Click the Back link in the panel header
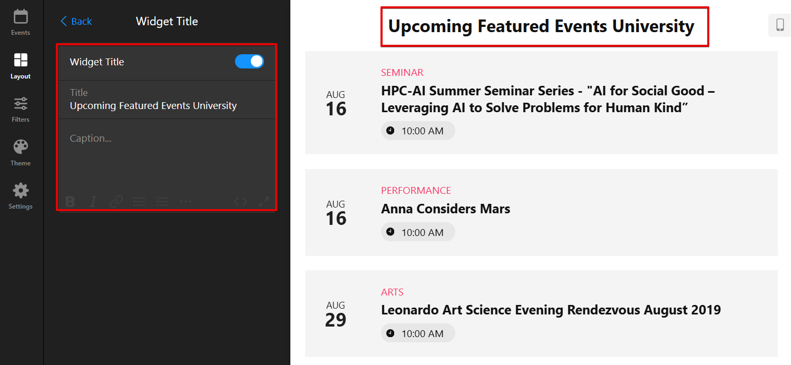point(76,21)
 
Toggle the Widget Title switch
point(249,62)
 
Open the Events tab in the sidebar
point(21,23)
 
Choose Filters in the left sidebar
point(21,110)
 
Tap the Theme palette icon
point(21,147)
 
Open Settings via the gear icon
point(21,191)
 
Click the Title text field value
point(153,105)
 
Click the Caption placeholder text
point(91,138)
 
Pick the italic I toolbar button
point(93,202)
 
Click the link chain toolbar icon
point(116,202)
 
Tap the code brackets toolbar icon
point(240,202)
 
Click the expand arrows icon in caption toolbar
point(264,202)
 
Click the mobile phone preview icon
point(780,25)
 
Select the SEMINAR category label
point(402,72)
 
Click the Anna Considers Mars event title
point(445,209)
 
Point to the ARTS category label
point(392,292)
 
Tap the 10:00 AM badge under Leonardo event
point(418,333)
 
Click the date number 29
point(336,320)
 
